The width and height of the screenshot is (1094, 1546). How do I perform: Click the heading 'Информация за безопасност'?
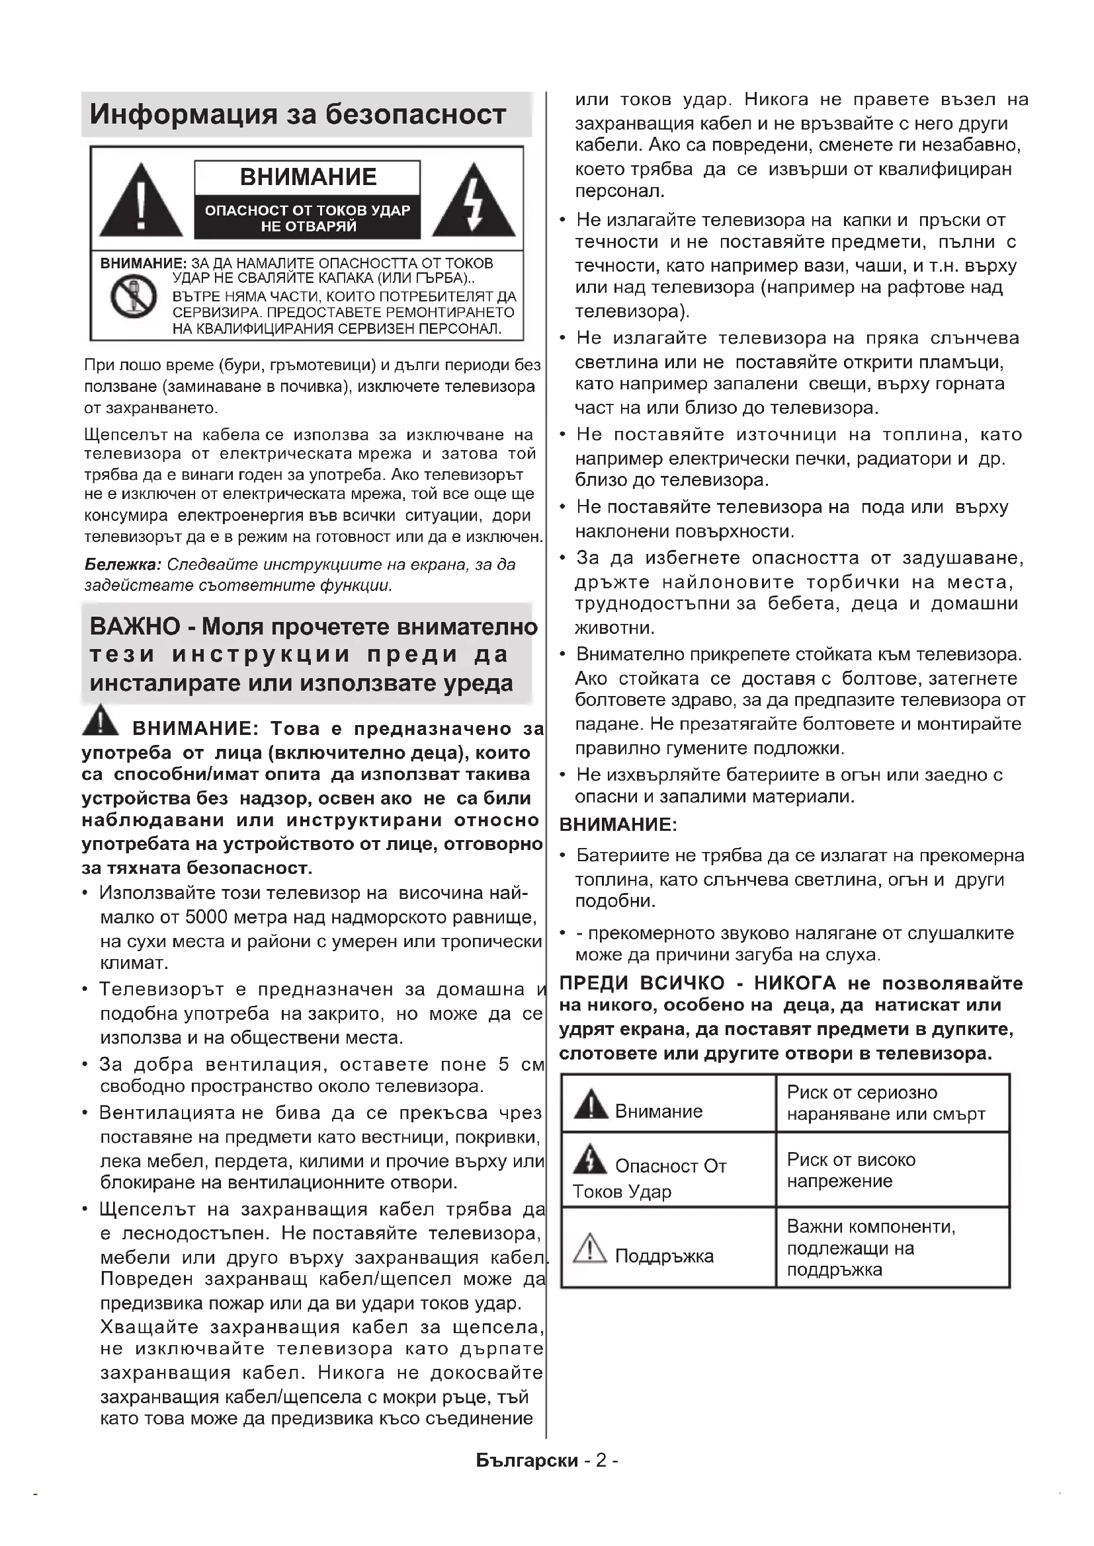[298, 114]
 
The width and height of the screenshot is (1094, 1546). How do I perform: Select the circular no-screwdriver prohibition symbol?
[134, 297]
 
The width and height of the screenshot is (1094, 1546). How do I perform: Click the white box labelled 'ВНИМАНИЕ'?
[308, 177]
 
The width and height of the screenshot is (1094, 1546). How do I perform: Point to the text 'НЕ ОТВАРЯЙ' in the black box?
[308, 227]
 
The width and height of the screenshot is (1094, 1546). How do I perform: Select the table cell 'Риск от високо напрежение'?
[892, 1170]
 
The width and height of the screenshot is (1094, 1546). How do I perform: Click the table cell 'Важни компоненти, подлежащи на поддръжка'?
[892, 1248]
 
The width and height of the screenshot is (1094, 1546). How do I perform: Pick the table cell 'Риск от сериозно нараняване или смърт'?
[892, 1103]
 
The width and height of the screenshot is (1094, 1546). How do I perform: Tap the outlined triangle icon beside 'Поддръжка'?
[590, 1248]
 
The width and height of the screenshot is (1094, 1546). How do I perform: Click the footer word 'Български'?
[526, 1460]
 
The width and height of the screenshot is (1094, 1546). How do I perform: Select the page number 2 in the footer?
[601, 1460]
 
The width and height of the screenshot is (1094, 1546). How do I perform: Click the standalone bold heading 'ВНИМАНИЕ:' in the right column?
[618, 824]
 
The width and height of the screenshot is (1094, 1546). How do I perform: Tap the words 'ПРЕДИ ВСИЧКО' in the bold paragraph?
[642, 983]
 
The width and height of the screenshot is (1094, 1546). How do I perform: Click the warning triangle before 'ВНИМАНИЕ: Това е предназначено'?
[101, 720]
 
